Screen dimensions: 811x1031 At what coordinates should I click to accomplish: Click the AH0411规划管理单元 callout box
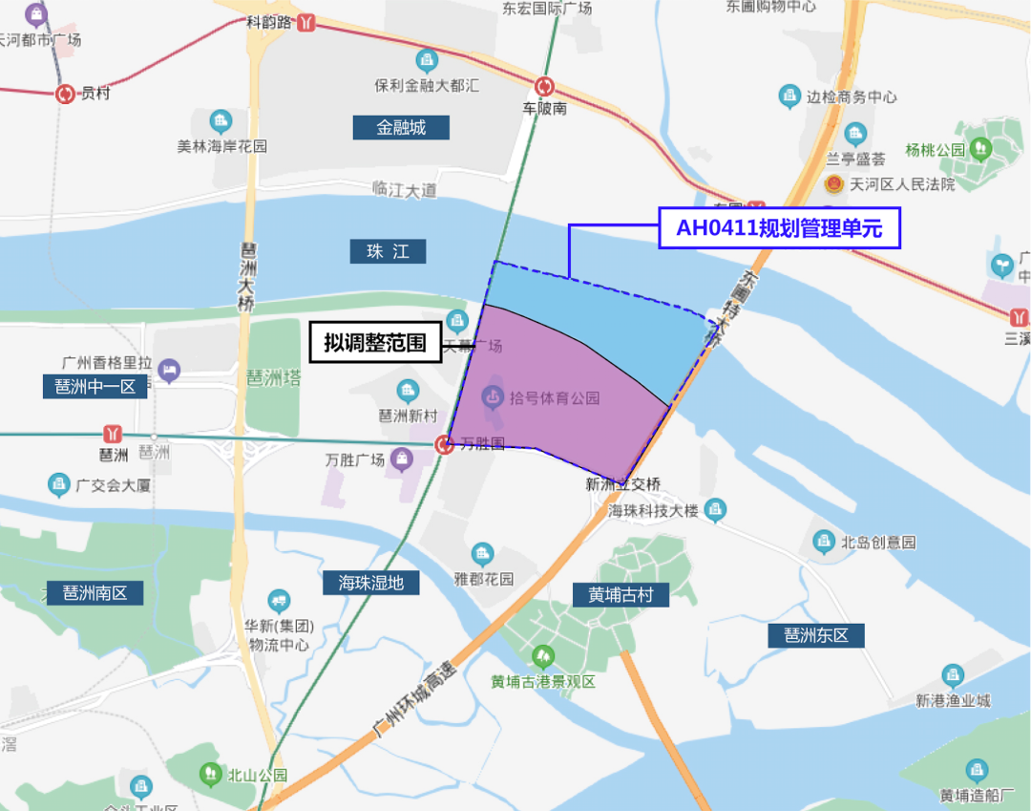pos(780,229)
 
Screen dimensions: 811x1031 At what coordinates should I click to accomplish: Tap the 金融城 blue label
pos(401,127)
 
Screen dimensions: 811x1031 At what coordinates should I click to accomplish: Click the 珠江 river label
pos(388,251)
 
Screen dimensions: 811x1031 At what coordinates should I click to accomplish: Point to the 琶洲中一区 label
pos(95,387)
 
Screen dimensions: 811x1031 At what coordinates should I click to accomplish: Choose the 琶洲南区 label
pos(95,592)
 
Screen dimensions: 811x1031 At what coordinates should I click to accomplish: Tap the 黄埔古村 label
pos(621,594)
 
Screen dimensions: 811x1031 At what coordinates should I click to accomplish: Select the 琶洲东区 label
pos(816,635)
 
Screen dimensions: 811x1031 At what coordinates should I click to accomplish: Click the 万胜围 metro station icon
pos(444,444)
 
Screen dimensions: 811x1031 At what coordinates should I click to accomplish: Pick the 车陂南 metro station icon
pos(545,86)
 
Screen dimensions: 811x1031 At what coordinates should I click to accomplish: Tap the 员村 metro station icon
pos(65,94)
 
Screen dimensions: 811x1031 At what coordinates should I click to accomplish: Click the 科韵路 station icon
pos(306,22)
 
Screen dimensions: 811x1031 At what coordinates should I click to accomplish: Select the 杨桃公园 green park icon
pos(980,149)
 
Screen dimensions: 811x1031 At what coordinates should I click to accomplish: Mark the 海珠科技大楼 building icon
pos(715,511)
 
